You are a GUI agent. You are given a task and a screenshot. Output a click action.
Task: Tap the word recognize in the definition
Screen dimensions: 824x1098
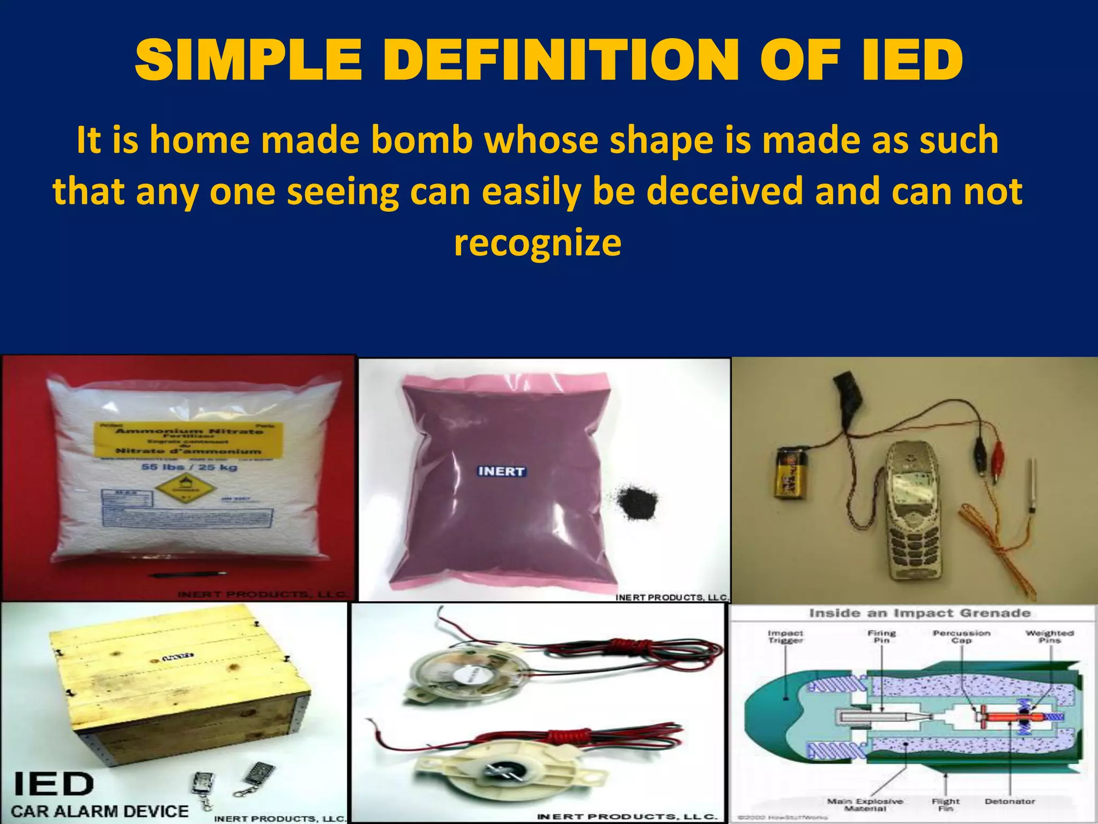pyautogui.click(x=538, y=242)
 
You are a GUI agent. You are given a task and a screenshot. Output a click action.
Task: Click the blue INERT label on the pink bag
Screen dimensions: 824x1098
pyautogui.click(x=501, y=472)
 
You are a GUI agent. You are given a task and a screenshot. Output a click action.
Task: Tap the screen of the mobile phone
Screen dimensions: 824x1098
pyautogui.click(x=912, y=488)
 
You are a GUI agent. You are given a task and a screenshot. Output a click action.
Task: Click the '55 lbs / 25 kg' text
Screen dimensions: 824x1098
pyautogui.click(x=189, y=467)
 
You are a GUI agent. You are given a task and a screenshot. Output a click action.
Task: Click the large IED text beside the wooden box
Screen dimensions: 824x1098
pyautogui.click(x=53, y=784)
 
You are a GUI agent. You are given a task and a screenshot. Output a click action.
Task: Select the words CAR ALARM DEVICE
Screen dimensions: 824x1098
pyautogui.click(x=100, y=811)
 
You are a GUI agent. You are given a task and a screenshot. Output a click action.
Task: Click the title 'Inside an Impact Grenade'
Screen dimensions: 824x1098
pyautogui.click(x=919, y=613)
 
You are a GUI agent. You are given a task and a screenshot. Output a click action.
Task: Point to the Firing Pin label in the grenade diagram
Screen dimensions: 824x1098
pyautogui.click(x=881, y=637)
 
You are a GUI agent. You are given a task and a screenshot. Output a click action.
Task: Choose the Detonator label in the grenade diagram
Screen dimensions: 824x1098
pyautogui.click(x=1010, y=801)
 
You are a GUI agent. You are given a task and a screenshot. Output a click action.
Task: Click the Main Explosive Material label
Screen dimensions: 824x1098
pyautogui.click(x=865, y=805)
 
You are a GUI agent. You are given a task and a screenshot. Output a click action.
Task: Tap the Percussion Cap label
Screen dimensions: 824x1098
pyautogui.click(x=961, y=637)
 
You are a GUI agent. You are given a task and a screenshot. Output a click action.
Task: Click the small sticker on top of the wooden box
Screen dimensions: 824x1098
pyautogui.click(x=177, y=657)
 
